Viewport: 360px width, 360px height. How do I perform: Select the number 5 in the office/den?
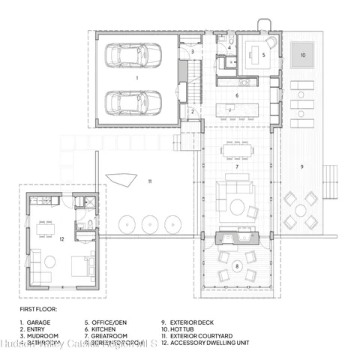[x=263, y=55]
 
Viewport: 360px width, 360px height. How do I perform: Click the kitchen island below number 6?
[x=240, y=110]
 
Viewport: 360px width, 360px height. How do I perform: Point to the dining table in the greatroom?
[x=236, y=149]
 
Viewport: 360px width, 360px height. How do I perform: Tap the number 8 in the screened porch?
[x=236, y=265]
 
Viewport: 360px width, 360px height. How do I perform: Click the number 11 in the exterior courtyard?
[x=150, y=181]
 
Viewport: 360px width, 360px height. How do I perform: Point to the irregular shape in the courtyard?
[x=122, y=180]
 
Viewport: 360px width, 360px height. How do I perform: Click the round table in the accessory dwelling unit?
[x=49, y=262]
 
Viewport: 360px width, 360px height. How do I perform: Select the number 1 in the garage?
[x=136, y=77]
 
